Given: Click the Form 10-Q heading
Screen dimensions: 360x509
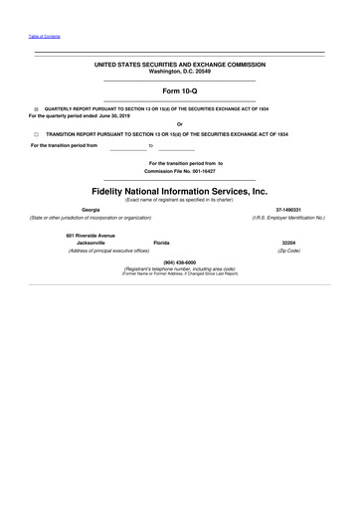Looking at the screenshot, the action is pos(180,90).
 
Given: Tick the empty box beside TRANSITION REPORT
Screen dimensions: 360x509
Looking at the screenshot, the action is pos(36,131).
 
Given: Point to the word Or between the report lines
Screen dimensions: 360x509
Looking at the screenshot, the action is pos(180,124).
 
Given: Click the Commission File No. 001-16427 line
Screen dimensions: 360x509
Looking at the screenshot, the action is pos(180,170).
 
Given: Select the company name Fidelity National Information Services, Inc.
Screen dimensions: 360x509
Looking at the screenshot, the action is pos(180,188).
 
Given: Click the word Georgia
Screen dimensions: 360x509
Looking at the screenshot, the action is pos(90,209).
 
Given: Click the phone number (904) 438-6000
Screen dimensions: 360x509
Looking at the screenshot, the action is pos(180,262).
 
